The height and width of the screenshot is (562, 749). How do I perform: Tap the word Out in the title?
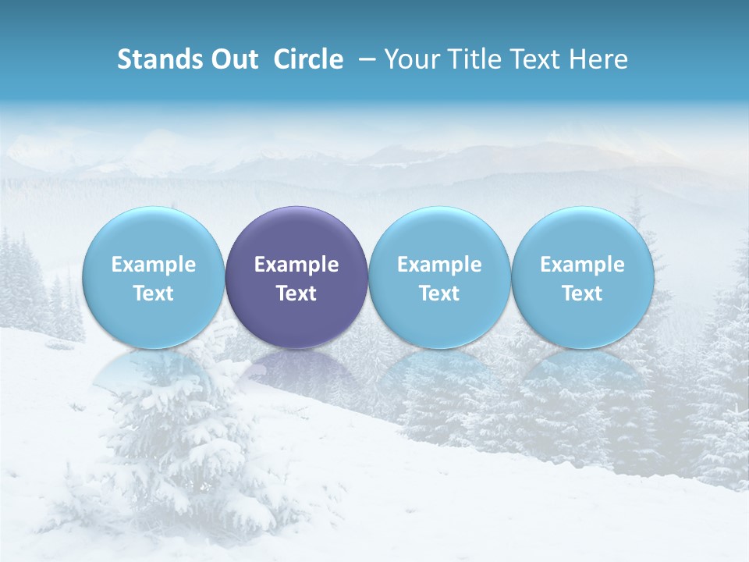click(233, 59)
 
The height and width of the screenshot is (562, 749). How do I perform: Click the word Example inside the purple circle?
click(296, 265)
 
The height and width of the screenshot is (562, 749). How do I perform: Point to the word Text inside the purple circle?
click(296, 293)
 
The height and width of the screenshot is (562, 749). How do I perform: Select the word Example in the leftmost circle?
click(154, 265)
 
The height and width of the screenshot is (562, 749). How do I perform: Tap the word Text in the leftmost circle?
click(154, 293)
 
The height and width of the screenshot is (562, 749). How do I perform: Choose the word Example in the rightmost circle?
click(583, 265)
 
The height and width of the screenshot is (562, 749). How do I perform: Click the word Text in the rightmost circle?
click(583, 293)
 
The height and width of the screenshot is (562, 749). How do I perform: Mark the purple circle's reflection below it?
click(296, 367)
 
